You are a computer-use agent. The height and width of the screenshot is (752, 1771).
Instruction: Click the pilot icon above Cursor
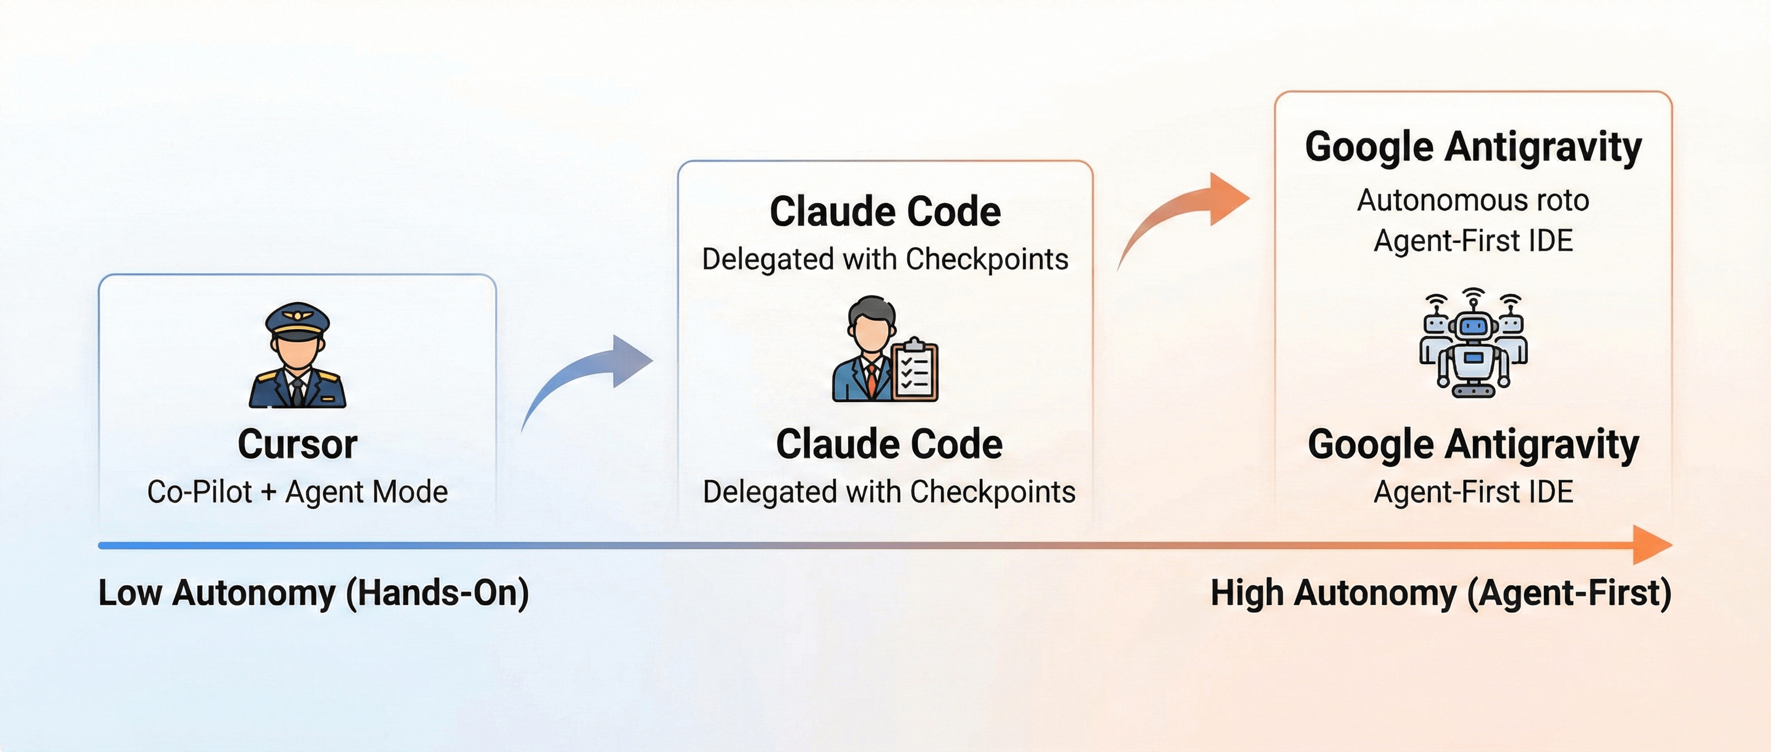tap(297, 356)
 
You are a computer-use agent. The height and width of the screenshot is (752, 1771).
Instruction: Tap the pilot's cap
tap(297, 320)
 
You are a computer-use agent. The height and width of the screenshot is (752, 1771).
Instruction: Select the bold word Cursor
tap(297, 444)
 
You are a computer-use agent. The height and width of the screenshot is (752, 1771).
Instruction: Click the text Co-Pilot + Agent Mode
tap(297, 492)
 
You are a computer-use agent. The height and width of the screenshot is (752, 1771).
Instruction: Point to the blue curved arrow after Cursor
tap(588, 375)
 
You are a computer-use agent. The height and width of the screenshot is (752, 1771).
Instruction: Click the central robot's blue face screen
tap(1473, 326)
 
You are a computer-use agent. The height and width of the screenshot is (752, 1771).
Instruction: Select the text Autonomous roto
tap(1472, 200)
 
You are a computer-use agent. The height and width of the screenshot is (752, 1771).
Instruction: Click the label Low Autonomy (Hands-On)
tap(314, 593)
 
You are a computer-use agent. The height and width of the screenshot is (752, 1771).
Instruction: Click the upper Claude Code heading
tap(885, 211)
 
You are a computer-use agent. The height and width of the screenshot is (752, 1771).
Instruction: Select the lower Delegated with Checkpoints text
tap(888, 492)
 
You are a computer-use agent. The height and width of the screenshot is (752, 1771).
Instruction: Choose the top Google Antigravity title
tap(1472, 147)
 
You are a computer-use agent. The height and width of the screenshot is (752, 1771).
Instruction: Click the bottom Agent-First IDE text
tap(1472, 492)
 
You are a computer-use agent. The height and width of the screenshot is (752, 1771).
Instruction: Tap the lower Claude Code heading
tap(888, 444)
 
